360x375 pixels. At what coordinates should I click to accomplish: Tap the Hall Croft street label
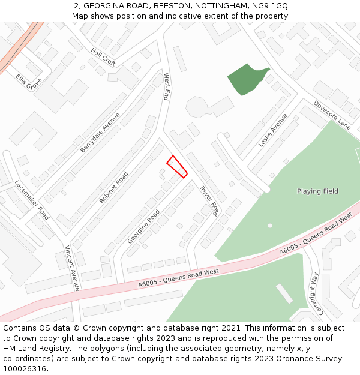tap(103, 57)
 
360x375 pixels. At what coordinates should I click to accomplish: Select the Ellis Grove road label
tap(28, 82)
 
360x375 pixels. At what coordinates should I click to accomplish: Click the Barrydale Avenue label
tap(100, 132)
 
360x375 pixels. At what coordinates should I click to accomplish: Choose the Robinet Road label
tap(114, 187)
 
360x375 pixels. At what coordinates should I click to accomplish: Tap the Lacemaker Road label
tap(32, 200)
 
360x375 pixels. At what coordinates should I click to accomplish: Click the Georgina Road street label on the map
tap(143, 226)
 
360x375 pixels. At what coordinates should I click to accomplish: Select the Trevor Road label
tap(208, 200)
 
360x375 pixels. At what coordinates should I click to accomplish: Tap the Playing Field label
tap(317, 191)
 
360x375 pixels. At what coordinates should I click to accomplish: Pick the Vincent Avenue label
tap(72, 268)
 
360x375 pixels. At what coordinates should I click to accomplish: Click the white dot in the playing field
tap(270, 226)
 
